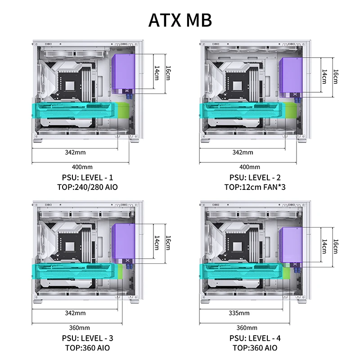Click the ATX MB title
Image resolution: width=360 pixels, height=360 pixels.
[x=180, y=20]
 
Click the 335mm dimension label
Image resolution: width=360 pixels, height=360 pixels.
[x=239, y=313]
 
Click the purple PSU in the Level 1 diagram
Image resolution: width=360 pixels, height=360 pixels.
[x=124, y=72]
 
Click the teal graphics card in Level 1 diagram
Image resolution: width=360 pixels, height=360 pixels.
[x=74, y=110]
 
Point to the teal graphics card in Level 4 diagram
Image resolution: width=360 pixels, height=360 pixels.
[x=243, y=272]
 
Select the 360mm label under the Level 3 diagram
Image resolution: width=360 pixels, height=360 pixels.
[x=80, y=328]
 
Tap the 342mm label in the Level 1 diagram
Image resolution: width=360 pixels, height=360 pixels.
[x=75, y=152]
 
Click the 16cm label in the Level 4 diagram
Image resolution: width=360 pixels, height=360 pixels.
[x=335, y=245]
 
